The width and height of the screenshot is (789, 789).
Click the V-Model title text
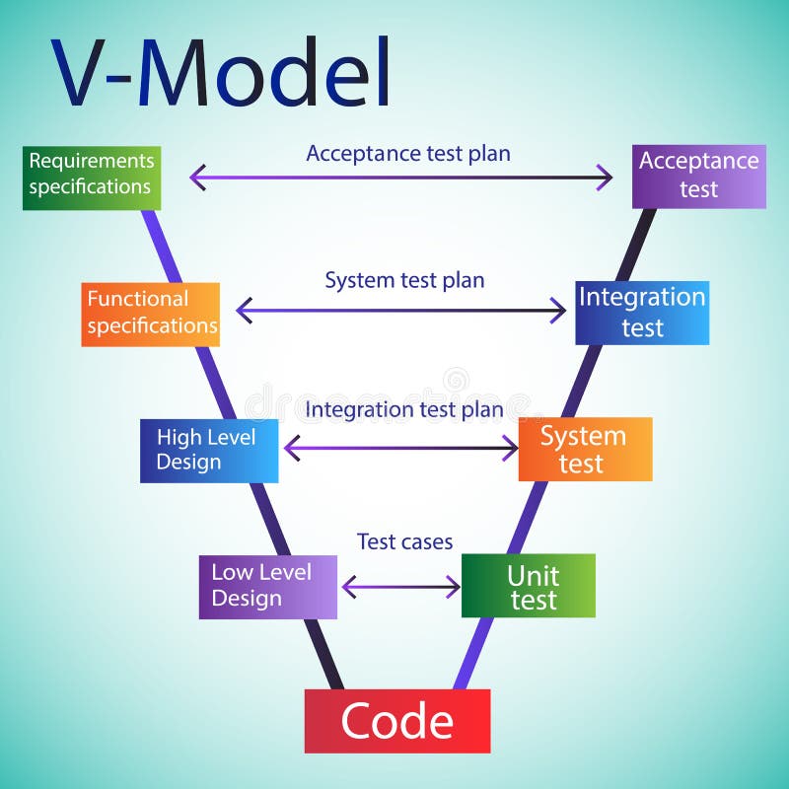tap(222, 74)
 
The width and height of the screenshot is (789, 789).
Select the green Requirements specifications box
tap(91, 178)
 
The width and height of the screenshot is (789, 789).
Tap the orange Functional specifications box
tap(150, 314)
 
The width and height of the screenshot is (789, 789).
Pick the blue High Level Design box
tap(209, 450)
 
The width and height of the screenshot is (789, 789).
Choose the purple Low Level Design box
tap(267, 587)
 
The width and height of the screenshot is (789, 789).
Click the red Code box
tap(396, 721)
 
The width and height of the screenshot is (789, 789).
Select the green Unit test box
tap(529, 586)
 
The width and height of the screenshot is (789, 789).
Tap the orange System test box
tap(585, 449)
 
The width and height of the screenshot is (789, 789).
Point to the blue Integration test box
tap(642, 313)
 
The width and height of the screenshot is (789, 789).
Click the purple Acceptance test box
tap(699, 177)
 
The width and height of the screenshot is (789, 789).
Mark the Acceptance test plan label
tap(408, 153)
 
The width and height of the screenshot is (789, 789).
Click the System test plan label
tap(404, 280)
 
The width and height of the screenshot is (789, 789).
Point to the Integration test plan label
tap(404, 408)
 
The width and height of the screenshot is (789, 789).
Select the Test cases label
tap(404, 541)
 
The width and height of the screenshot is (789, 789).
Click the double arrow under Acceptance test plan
tap(400, 179)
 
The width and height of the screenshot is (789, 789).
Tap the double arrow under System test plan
tap(400, 312)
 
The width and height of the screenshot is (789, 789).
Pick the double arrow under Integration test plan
tap(400, 449)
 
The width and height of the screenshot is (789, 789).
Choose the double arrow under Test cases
tap(400, 588)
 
